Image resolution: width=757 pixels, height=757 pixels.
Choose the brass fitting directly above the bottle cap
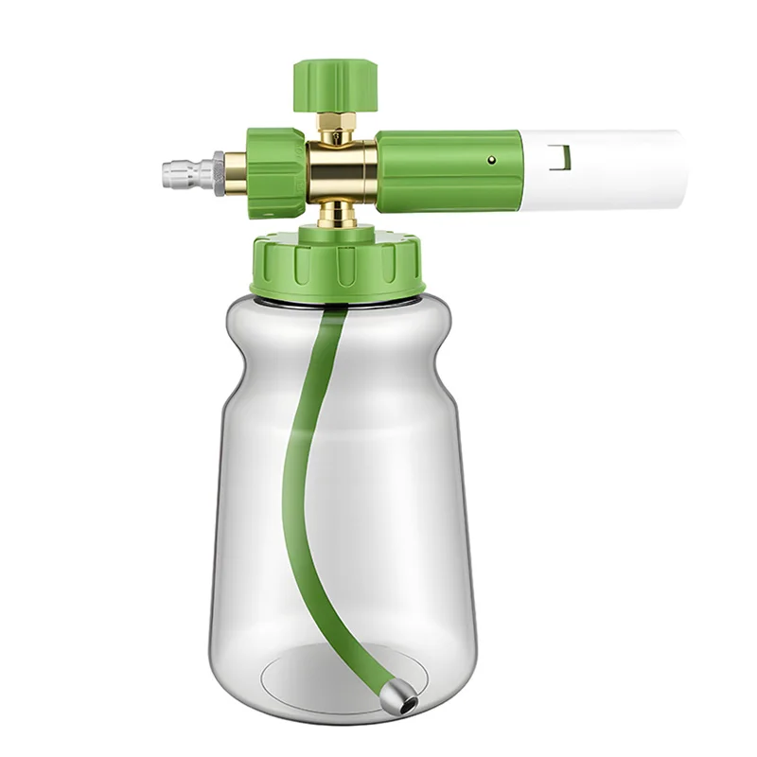point(338,216)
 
